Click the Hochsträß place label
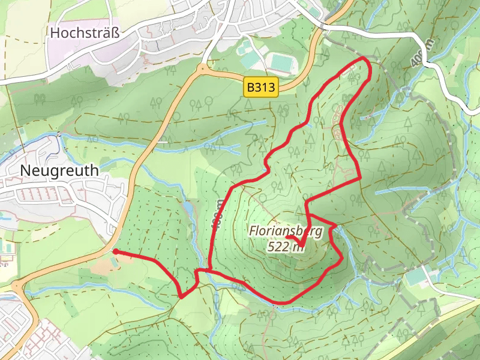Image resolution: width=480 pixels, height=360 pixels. [85, 34]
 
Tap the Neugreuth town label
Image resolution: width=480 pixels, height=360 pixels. [59, 170]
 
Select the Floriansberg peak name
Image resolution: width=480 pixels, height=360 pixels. [286, 231]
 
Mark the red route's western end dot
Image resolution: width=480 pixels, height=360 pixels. [114, 251]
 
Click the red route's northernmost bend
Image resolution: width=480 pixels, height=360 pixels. [365, 59]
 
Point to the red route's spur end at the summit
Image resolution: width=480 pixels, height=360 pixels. [287, 238]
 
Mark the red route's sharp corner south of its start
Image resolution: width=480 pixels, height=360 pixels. [181, 296]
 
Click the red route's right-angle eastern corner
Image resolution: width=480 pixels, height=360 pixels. [359, 178]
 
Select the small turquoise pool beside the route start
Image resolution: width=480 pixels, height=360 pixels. [114, 253]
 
